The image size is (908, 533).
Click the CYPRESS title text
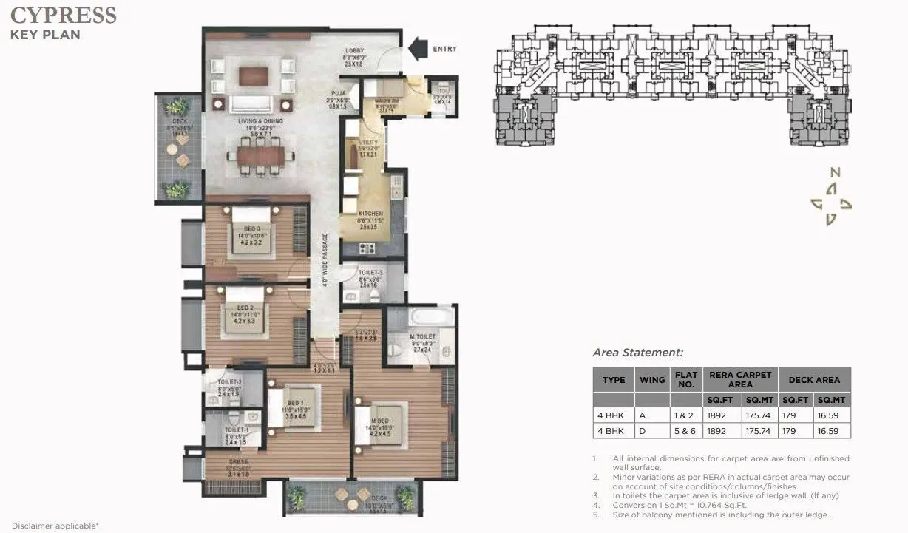64,15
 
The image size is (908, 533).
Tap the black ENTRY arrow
418,50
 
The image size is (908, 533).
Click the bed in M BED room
382,425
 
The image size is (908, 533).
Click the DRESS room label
240,462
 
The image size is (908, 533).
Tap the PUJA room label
339,94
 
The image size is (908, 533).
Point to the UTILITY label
368,142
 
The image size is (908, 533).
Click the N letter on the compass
835,172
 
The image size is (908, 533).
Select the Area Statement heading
637,353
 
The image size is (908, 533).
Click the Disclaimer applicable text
55,526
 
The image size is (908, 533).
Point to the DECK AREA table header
813,380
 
